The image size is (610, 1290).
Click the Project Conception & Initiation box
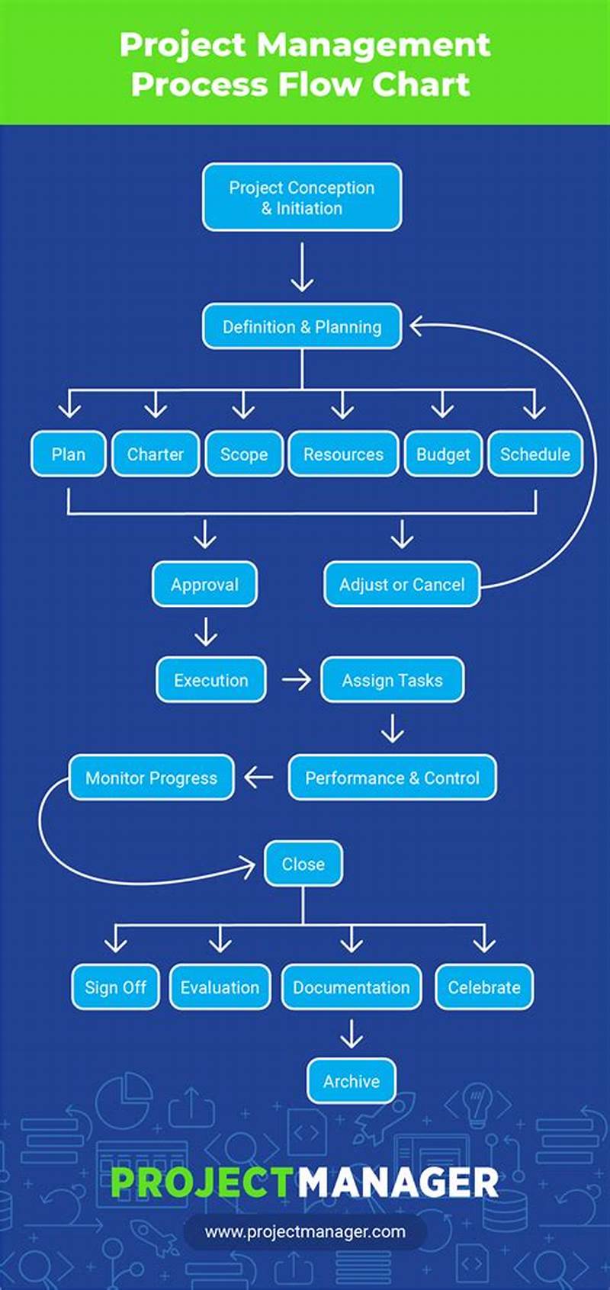pyautogui.click(x=302, y=197)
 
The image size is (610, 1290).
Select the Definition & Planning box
pyautogui.click(x=302, y=327)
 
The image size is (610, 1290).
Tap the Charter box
pyautogui.click(x=156, y=454)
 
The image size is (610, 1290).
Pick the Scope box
pyautogui.click(x=244, y=454)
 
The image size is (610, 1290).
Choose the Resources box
pyautogui.click(x=343, y=454)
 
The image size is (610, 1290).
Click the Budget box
pyautogui.click(x=443, y=454)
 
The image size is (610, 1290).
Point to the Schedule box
pyautogui.click(x=535, y=454)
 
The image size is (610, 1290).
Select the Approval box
pyautogui.click(x=204, y=585)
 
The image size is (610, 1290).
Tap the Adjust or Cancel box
pyautogui.click(x=402, y=585)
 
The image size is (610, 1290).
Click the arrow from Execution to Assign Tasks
pyautogui.click(x=296, y=679)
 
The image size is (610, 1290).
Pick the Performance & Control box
pyautogui.click(x=392, y=778)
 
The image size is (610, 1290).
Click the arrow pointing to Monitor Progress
pyautogui.click(x=259, y=778)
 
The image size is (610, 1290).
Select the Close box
pyautogui.click(x=303, y=864)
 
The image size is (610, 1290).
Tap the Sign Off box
pyautogui.click(x=115, y=987)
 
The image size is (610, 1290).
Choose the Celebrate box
pyautogui.click(x=484, y=987)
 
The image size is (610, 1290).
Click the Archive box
pyautogui.click(x=352, y=1081)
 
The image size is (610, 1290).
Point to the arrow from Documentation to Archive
pyautogui.click(x=352, y=1034)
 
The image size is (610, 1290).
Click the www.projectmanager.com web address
pyautogui.click(x=305, y=1231)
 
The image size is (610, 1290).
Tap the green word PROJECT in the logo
pyautogui.click(x=201, y=1182)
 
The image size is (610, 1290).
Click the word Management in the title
pyautogui.click(x=374, y=45)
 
